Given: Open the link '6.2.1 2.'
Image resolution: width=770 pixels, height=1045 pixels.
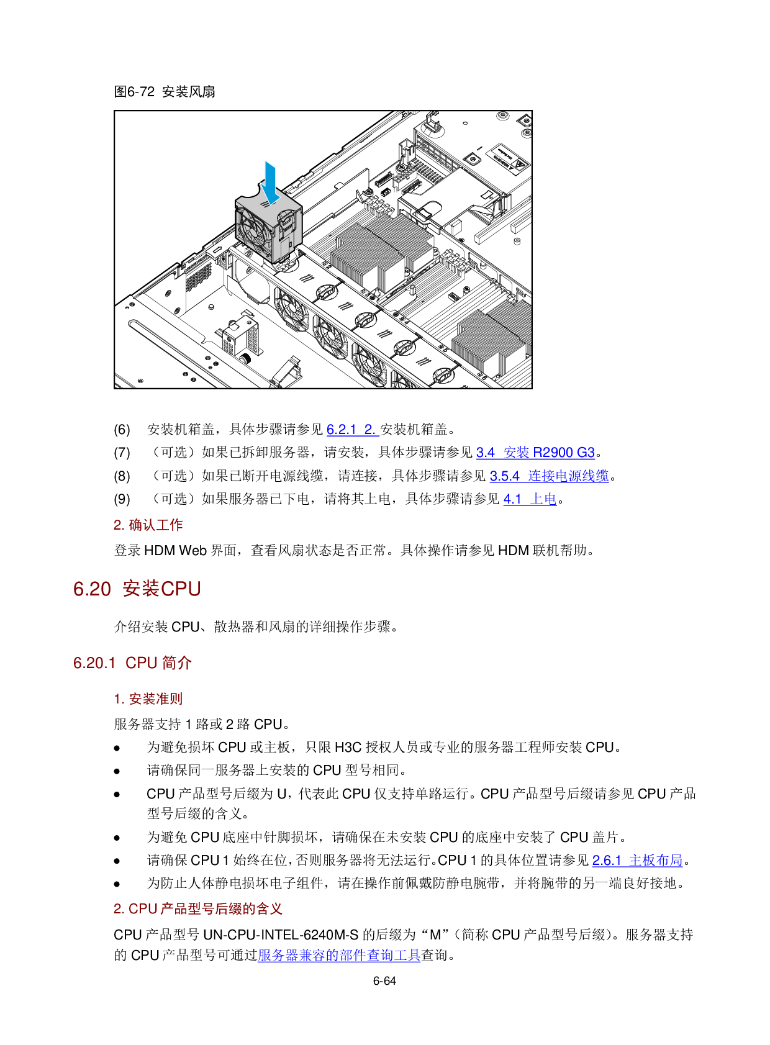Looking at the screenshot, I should pyautogui.click(x=353, y=430).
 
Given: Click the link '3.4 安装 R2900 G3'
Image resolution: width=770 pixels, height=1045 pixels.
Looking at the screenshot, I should pyautogui.click(x=535, y=453).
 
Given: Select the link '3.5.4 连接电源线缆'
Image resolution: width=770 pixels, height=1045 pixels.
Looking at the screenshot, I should pyautogui.click(x=549, y=476).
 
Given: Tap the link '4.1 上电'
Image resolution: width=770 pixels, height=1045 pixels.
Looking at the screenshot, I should pyautogui.click(x=530, y=499).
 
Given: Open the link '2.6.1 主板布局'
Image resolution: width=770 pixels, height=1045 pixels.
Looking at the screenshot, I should pyautogui.click(x=637, y=861).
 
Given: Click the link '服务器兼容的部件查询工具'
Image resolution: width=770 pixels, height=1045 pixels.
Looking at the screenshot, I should pyautogui.click(x=339, y=955).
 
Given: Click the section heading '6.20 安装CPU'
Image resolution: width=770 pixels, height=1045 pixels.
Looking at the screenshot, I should pyautogui.click(x=137, y=589).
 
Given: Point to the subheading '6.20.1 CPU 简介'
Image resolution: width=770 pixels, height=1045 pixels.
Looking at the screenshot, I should pyautogui.click(x=132, y=663).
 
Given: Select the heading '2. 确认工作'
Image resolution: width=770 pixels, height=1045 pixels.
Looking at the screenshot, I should pyautogui.click(x=148, y=525).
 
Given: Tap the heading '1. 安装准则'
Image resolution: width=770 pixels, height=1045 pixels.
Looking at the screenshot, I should pyautogui.click(x=148, y=699).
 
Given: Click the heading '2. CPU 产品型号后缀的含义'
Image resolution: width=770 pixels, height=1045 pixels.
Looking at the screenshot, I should pyautogui.click(x=197, y=909).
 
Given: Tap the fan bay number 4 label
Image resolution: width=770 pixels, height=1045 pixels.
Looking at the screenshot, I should pyautogui.click(x=404, y=322).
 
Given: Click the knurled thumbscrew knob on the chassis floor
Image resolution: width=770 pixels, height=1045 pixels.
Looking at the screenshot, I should pyautogui.click(x=246, y=359).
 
